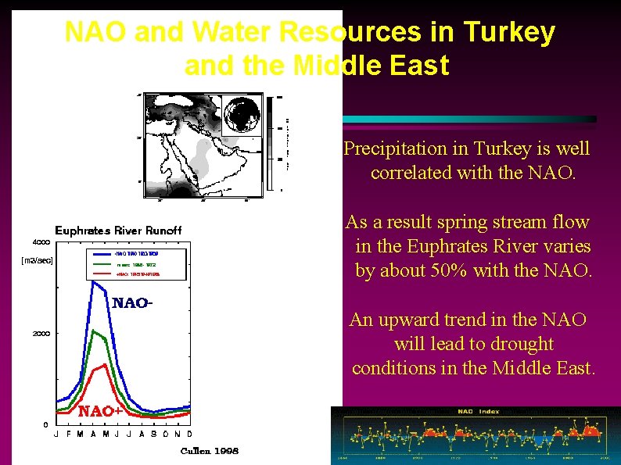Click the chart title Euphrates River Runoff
point(118,230)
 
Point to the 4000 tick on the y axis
point(41,241)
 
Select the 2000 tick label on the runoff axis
point(41,334)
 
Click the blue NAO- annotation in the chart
point(130,303)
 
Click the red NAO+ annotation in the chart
point(100,410)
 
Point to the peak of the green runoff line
point(94,331)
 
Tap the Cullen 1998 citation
point(210,451)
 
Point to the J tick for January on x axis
point(56,435)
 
